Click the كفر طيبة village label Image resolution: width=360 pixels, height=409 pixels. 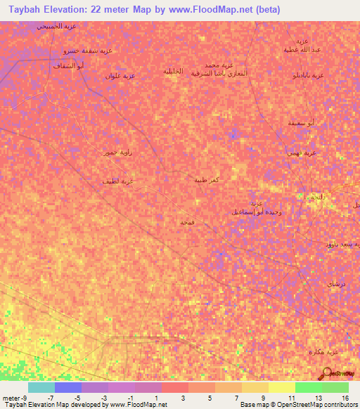coord(209,180)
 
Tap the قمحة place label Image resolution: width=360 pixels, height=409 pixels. coord(187,221)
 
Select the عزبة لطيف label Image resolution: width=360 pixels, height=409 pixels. coord(118,181)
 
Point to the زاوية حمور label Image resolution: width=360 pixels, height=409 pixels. coord(116,152)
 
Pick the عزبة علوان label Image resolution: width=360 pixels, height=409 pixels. coord(120,75)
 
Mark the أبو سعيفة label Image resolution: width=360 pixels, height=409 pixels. coord(300,123)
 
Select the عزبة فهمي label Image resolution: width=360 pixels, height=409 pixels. coord(302,152)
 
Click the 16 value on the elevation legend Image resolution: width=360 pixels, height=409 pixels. coord(345,398)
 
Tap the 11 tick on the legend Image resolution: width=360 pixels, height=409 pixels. coord(291,398)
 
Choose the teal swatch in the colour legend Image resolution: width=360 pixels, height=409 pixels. coord(41,387)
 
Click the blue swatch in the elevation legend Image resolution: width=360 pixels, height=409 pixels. coord(68,387)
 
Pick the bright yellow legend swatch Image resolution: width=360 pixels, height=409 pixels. coord(281,387)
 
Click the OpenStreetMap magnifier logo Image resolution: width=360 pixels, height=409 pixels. coord(328,373)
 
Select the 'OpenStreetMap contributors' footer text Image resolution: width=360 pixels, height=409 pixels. coord(321,405)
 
